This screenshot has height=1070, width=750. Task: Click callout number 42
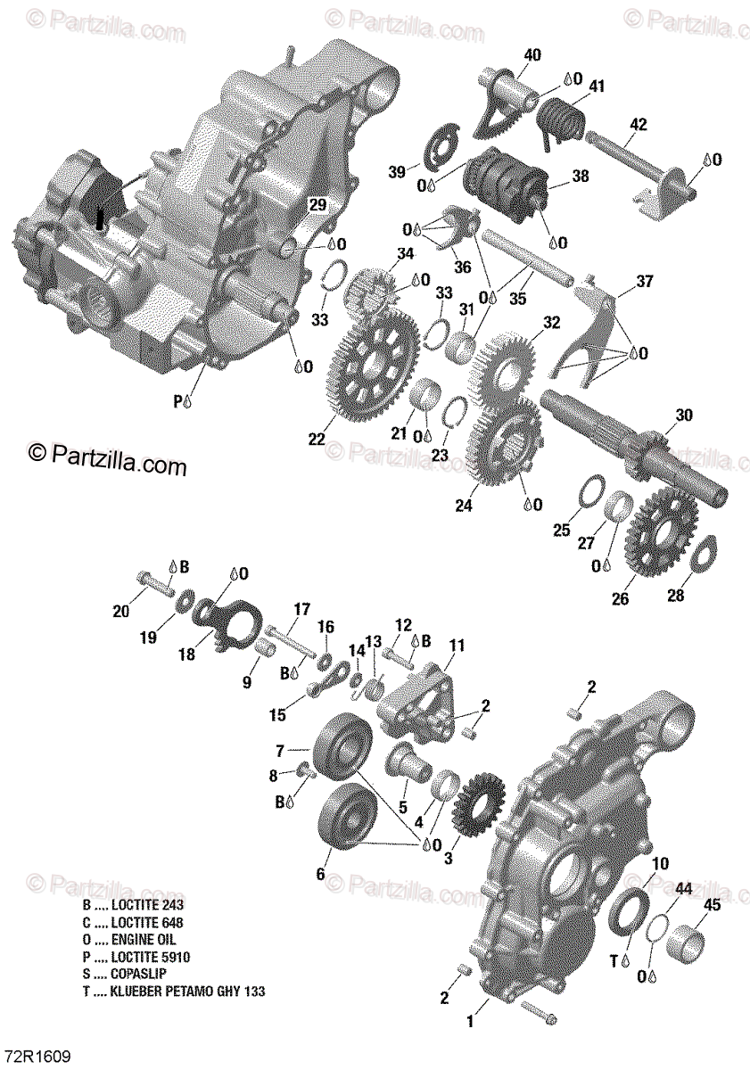coord(638,124)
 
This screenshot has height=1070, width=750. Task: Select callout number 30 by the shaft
coord(684,415)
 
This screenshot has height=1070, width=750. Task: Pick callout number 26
coord(621,598)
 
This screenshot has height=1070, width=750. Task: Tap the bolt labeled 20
coord(153,581)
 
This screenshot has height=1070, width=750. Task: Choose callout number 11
coord(457,644)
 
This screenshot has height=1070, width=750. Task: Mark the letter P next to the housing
coord(176,402)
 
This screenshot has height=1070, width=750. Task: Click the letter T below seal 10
coord(614,959)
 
